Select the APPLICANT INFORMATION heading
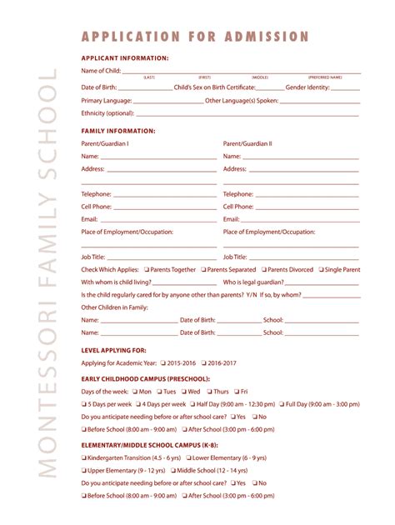(x=125, y=58)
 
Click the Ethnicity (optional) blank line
(x=247, y=113)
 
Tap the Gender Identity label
(x=307, y=87)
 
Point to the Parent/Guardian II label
(x=247, y=143)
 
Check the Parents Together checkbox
(x=147, y=270)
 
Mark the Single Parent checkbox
(x=319, y=270)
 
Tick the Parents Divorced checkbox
(x=264, y=270)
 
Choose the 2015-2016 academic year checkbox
(x=163, y=363)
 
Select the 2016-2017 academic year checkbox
(x=204, y=363)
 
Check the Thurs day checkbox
(x=208, y=391)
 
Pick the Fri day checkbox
(x=237, y=391)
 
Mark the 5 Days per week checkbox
(x=84, y=403)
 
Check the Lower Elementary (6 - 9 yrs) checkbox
(x=188, y=457)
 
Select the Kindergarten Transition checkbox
(x=84, y=457)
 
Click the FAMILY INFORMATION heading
(x=118, y=131)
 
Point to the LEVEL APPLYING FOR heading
(x=114, y=351)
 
